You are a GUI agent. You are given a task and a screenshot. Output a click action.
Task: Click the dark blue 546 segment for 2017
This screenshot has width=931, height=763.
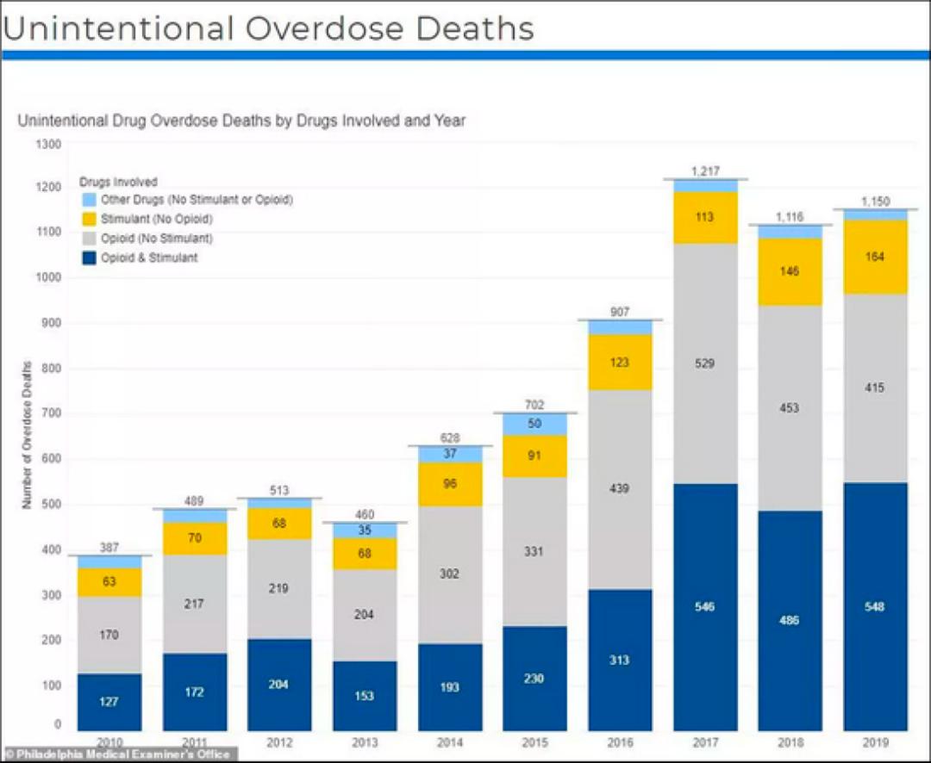705,607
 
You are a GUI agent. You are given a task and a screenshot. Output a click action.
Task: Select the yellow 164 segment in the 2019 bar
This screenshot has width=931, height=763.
875,257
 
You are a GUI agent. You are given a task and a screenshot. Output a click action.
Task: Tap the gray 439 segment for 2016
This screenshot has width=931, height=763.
620,488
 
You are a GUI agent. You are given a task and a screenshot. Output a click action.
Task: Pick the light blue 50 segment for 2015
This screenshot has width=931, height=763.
534,424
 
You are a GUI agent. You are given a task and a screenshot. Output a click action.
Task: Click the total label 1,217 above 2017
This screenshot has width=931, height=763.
705,171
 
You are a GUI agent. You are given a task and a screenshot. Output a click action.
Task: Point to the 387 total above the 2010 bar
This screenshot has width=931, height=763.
109,547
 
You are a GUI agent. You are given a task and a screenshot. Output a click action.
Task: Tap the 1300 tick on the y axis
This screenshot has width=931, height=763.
48,144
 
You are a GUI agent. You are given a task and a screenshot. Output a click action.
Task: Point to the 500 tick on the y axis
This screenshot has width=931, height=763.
52,505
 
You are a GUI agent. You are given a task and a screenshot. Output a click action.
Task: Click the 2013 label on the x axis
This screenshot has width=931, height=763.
365,742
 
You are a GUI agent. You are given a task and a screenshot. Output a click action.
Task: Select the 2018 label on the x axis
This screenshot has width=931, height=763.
790,742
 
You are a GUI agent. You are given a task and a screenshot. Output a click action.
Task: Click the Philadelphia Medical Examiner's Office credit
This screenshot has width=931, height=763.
118,754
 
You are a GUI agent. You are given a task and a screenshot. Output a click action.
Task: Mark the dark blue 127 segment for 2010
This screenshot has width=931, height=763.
109,701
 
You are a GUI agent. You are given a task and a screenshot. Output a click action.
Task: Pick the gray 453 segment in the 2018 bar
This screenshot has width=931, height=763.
790,408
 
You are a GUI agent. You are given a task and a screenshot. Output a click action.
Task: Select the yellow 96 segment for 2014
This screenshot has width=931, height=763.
450,484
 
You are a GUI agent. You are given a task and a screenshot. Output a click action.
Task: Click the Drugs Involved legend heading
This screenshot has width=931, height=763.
118,183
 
